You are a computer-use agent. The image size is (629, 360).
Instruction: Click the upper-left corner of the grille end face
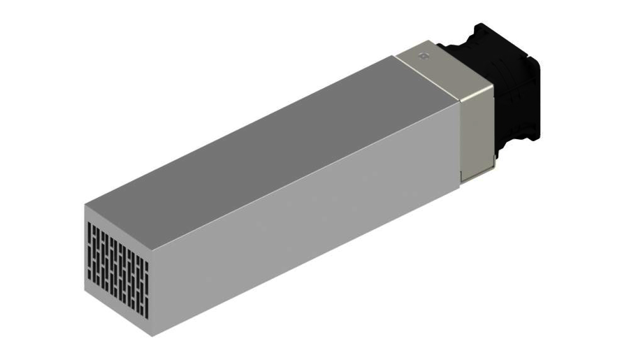[86, 205]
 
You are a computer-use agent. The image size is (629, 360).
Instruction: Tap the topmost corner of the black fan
[478, 24]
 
